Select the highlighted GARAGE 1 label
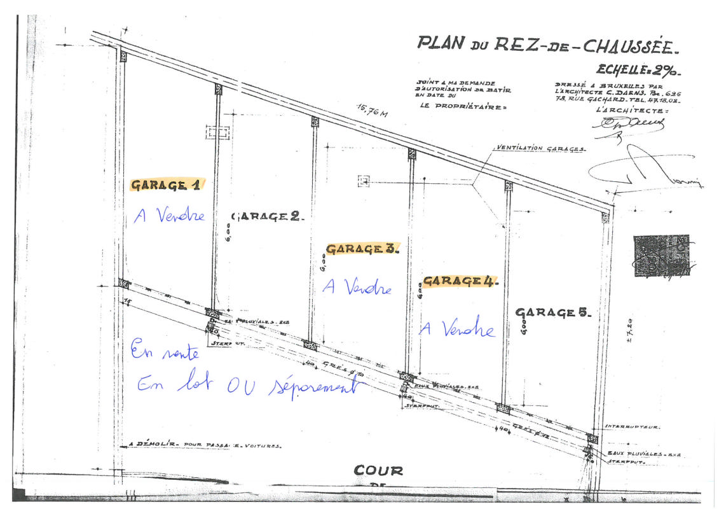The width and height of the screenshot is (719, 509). click(166, 185)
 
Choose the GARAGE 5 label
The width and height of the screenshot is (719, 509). click(553, 312)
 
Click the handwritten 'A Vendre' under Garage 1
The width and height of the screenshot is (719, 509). click(170, 216)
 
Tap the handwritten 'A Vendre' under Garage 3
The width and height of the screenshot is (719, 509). click(357, 288)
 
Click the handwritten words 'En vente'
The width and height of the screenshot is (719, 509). click(165, 351)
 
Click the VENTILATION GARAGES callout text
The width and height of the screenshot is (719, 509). click(540, 148)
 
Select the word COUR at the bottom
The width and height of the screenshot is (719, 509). click(378, 471)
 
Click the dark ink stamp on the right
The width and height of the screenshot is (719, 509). click(661, 256)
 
